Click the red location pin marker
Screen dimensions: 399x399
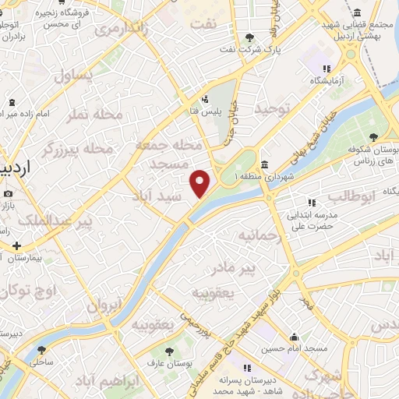pos(200,182)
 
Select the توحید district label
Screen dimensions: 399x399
pos(271,108)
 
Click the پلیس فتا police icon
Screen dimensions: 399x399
pos(204,99)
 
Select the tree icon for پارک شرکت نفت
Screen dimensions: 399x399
pos(249,37)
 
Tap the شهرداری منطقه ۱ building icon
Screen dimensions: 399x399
pos(265,164)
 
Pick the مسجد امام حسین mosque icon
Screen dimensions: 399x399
pos(294,337)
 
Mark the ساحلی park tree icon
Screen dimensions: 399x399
pos(41,350)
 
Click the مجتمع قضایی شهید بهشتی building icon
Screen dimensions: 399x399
pos(357,13)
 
